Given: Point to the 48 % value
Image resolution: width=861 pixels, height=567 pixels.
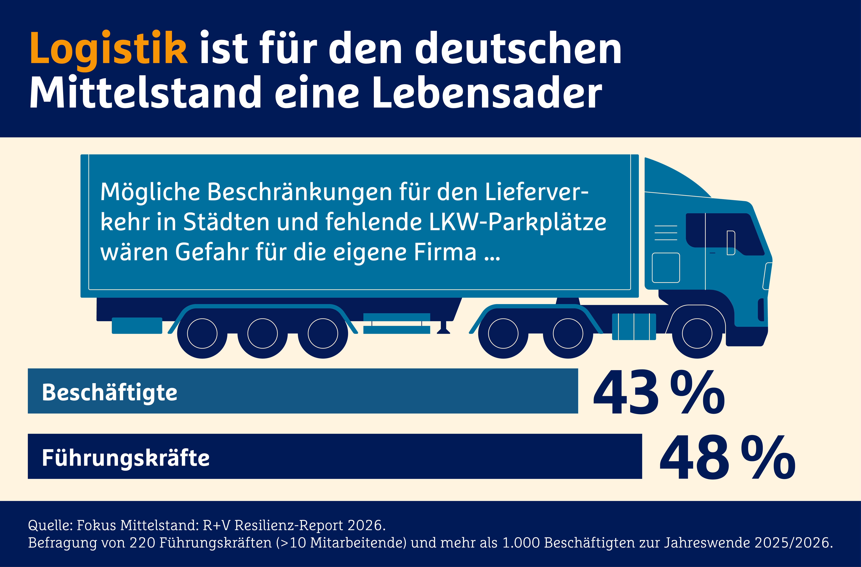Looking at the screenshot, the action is [727, 458].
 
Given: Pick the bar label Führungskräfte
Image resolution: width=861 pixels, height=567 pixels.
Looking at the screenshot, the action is [126, 458].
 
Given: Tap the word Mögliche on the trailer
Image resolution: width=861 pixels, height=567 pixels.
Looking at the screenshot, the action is [150, 192].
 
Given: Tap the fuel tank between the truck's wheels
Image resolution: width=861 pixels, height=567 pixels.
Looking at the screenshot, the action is [634, 327].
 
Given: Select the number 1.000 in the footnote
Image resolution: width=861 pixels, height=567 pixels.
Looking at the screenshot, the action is [521, 543].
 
